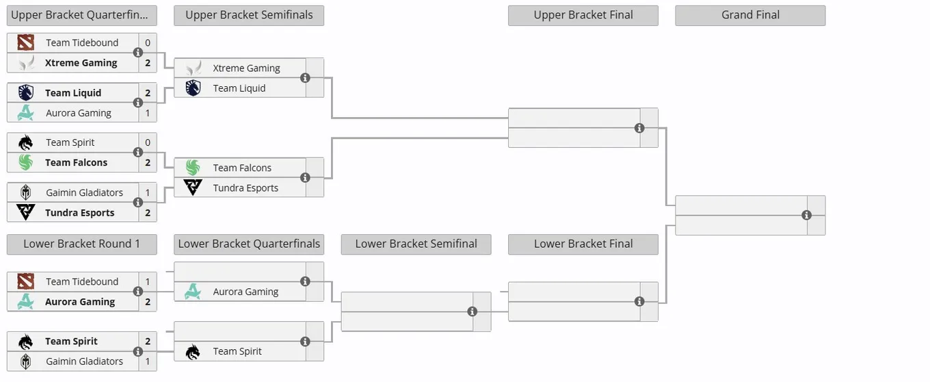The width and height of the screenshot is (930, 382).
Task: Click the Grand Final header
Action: click(750, 15)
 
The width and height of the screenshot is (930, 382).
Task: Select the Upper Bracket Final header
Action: click(583, 15)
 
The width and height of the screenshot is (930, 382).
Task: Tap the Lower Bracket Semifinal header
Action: click(416, 244)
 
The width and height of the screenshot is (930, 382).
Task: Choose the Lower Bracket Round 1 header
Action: click(82, 244)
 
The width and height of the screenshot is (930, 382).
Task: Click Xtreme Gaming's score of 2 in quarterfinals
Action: click(148, 63)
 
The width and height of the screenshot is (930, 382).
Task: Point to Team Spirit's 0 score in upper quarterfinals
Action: click(148, 142)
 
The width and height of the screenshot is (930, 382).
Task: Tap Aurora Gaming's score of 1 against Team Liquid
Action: click(148, 113)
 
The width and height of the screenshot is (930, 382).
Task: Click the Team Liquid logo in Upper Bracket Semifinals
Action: click(193, 88)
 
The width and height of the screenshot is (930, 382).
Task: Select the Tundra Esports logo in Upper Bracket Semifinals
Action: click(193, 188)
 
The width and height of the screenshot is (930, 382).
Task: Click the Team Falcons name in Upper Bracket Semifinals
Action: click(242, 168)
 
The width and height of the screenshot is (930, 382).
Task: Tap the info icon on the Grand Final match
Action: click(806, 215)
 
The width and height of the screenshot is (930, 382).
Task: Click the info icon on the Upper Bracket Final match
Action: click(639, 128)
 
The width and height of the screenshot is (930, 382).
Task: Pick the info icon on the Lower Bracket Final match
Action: click(639, 301)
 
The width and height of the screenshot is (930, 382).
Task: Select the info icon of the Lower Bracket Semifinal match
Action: click(472, 311)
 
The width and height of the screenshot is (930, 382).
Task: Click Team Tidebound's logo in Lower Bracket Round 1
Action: click(26, 281)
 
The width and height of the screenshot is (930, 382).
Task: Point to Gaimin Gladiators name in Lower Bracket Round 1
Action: click(84, 361)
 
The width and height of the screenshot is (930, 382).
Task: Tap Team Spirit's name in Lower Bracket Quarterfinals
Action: click(237, 352)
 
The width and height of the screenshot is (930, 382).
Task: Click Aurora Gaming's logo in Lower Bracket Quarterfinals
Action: click(193, 292)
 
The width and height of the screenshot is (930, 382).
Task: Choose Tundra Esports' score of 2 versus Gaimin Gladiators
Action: click(148, 213)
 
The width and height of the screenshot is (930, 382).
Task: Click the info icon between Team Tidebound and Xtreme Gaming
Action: click(138, 53)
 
